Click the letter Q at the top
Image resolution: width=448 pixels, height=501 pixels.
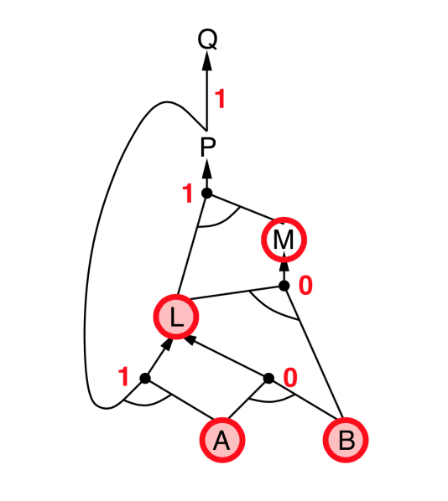[207, 39]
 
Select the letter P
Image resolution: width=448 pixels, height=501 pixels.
[208, 147]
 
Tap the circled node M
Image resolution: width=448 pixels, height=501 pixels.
[284, 240]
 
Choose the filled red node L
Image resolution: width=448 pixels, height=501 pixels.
[176, 317]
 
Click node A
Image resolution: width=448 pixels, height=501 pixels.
[222, 440]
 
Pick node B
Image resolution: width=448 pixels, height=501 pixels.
[346, 440]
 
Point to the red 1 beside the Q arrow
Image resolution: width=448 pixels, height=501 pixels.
[220, 99]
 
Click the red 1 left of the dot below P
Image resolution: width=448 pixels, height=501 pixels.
[188, 193]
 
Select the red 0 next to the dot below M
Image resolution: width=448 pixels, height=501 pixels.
[305, 285]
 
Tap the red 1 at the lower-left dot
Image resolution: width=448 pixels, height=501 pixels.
[123, 377]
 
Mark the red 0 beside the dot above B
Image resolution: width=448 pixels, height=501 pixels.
[290, 378]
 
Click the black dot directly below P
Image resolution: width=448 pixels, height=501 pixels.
[207, 193]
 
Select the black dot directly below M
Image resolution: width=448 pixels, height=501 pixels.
[284, 286]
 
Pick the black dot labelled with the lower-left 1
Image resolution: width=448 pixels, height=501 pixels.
[145, 379]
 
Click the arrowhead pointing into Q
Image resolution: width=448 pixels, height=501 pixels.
[207, 60]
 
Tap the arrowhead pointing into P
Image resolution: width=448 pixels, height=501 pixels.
[207, 168]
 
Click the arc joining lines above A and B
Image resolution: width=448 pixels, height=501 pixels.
[271, 400]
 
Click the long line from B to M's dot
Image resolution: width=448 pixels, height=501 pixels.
[313, 352]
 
